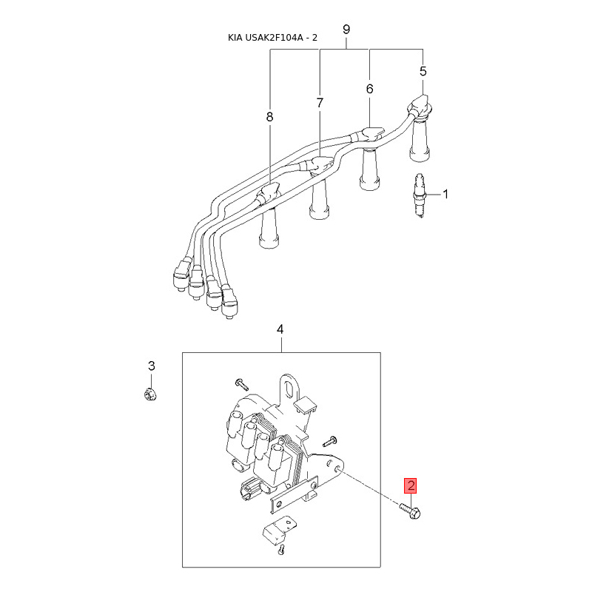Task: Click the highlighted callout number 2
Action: tap(411, 486)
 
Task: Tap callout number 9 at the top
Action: tap(346, 30)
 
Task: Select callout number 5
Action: tap(423, 71)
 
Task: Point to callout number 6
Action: tap(369, 89)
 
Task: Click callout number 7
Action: tap(320, 103)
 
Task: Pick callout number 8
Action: tap(269, 117)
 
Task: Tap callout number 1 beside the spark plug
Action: tap(445, 195)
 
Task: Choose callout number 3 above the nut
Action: tap(152, 366)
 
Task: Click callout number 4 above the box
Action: tap(280, 329)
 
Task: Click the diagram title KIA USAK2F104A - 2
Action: tap(272, 38)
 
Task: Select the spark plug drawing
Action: tap(420, 196)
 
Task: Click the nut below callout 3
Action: tap(150, 394)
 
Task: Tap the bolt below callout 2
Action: tap(411, 511)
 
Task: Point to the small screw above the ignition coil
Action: tap(242, 384)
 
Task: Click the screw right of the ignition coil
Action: tap(330, 440)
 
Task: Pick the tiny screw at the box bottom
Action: tap(281, 550)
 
